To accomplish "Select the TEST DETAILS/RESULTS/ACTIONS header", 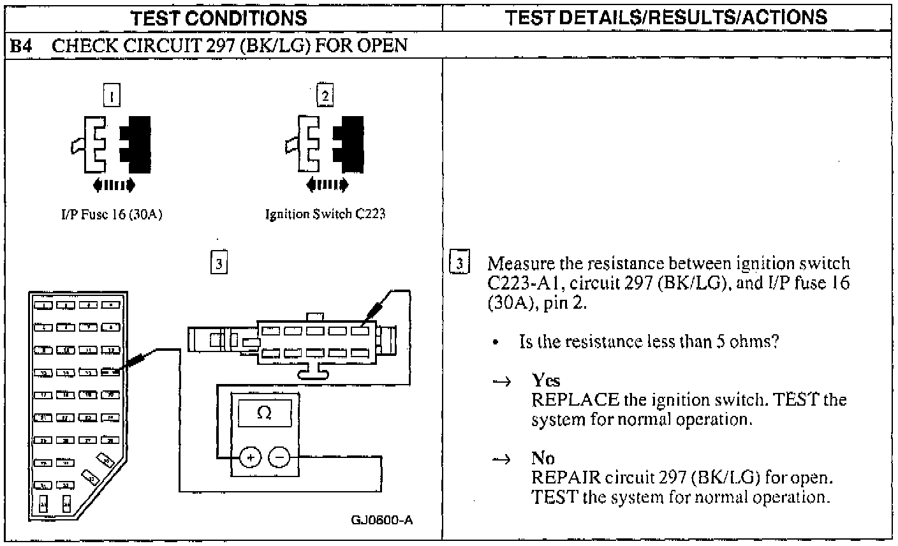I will [668, 17].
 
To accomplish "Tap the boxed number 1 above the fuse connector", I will [112, 96].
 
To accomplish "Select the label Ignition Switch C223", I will [325, 214].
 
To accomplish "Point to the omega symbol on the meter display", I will [263, 413].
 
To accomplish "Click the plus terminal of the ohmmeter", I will [250, 457].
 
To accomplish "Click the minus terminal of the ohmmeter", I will [279, 457].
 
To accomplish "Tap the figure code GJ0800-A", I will [381, 519].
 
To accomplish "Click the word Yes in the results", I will [546, 381].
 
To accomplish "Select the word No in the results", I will [543, 458].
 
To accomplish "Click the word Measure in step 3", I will [517, 263].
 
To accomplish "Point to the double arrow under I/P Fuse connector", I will [114, 185].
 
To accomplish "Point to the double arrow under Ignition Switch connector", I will [328, 185].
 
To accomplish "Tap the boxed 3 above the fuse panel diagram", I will [219, 263].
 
